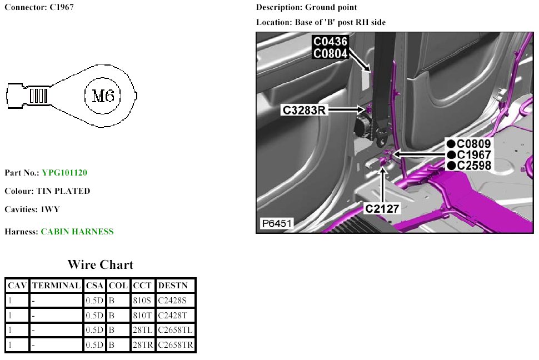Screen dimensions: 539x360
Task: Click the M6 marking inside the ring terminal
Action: pyautogui.click(x=102, y=96)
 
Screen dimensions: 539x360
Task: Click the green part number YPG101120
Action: pyautogui.click(x=64, y=173)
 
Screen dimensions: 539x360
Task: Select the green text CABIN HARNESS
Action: pyautogui.click(x=77, y=232)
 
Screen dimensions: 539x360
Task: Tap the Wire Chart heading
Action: pyautogui.click(x=101, y=264)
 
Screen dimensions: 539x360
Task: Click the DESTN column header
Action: pyautogui.click(x=173, y=286)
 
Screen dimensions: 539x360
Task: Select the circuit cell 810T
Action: pyautogui.click(x=142, y=316)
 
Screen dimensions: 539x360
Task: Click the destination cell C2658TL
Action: pyautogui.click(x=175, y=330)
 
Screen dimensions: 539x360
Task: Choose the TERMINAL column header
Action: pyautogui.click(x=56, y=286)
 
